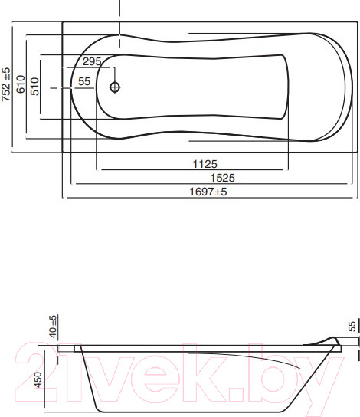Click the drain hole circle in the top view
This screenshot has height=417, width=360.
[x=115, y=87]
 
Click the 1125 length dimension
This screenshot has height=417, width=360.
[x=206, y=163]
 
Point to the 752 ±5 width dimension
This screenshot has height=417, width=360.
[x=6, y=85]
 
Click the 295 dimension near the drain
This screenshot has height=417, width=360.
[x=92, y=62]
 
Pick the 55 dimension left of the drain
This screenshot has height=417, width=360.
[x=84, y=81]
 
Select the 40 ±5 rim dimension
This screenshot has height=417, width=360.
[x=53, y=327]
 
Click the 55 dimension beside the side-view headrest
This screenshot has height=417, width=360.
[x=353, y=326]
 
